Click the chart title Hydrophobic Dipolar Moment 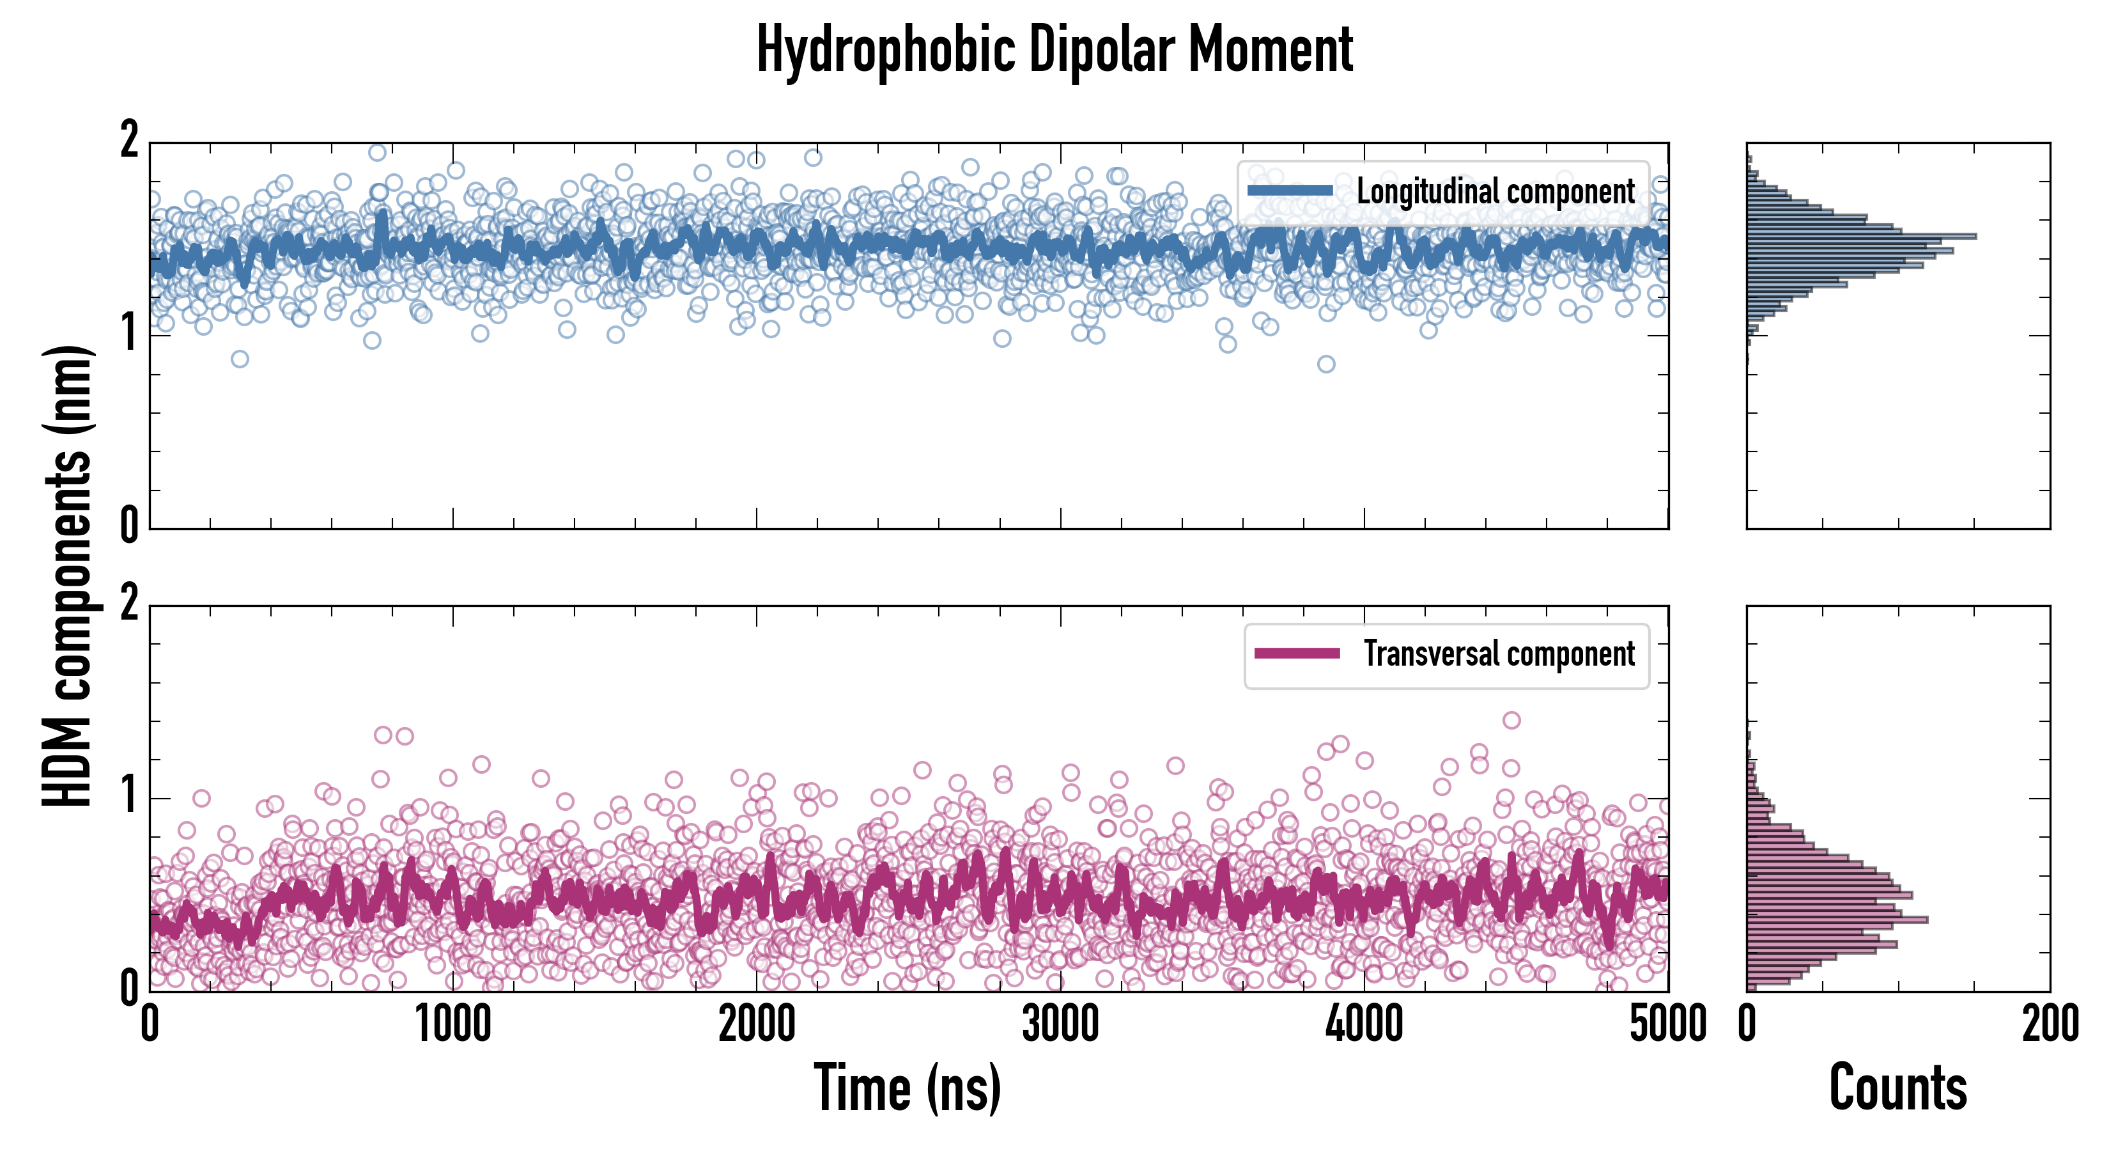(1054, 51)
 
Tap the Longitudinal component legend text (1495, 192)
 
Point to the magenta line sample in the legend (1297, 654)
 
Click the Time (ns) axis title (907, 1088)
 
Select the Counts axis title (1897, 1088)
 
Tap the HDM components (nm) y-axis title (67, 576)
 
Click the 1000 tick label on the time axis (452, 1025)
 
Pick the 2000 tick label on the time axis (757, 1025)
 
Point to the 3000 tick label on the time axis (1060, 1025)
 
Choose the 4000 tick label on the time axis (1364, 1025)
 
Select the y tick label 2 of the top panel (129, 141)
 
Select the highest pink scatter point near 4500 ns (1511, 720)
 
